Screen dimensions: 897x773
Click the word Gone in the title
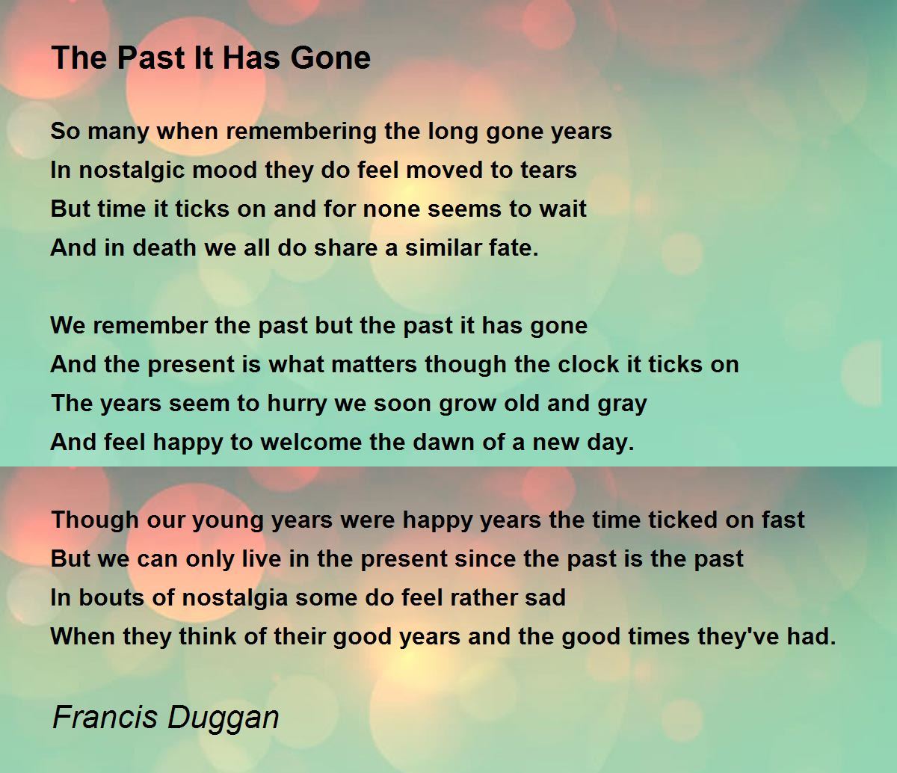[x=330, y=58]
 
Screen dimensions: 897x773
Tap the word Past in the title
[x=151, y=58]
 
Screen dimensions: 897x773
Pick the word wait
[x=563, y=209]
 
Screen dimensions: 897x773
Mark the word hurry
[x=297, y=404]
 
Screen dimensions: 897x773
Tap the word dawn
[x=443, y=443]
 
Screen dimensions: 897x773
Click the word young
[x=228, y=521]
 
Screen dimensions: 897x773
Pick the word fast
[x=783, y=520]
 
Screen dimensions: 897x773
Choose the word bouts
[x=111, y=597]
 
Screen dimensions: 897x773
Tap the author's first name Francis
[x=105, y=717]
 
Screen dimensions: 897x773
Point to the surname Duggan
[x=223, y=718]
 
